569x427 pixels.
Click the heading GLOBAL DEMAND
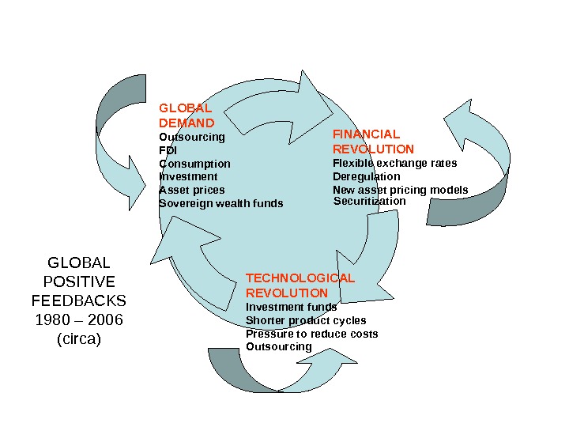click(187, 115)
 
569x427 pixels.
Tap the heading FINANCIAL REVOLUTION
click(373, 142)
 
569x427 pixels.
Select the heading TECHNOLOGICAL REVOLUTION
click(300, 285)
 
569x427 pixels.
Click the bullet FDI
click(168, 150)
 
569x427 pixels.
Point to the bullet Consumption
click(194, 164)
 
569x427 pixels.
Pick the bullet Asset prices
click(192, 190)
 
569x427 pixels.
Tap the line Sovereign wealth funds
click(220, 203)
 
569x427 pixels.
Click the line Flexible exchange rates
click(394, 164)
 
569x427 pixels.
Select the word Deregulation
click(366, 176)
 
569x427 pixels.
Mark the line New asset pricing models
click(400, 190)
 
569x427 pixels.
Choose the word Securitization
click(369, 201)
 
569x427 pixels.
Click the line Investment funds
click(291, 307)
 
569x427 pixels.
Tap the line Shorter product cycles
click(306, 320)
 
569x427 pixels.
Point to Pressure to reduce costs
click(311, 334)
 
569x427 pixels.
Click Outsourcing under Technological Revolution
click(279, 346)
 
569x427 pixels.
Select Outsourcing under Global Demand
click(192, 137)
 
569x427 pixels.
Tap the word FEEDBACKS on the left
click(79, 301)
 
